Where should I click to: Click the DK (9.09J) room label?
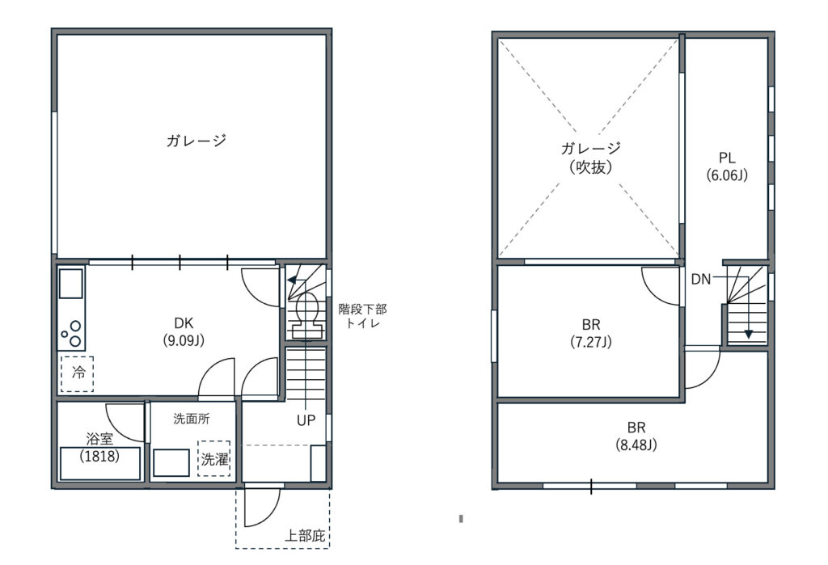tap(184, 331)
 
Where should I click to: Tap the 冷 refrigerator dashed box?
tap(77, 374)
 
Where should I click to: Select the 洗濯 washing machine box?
tap(213, 459)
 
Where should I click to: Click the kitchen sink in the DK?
tap(71, 284)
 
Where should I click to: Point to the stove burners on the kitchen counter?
tap(72, 333)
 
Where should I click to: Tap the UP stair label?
tap(306, 420)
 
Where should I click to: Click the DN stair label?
tap(701, 280)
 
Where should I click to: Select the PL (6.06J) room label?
tap(727, 167)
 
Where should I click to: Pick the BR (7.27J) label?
tap(591, 333)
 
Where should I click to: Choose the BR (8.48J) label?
tap(636, 436)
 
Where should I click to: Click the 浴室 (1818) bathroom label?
tap(99, 447)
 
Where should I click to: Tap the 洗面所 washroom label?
tap(191, 420)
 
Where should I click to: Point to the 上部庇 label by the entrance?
tap(305, 536)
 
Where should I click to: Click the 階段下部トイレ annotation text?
tap(362, 316)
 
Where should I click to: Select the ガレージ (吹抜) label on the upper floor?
tap(591, 158)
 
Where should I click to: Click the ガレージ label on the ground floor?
tap(196, 141)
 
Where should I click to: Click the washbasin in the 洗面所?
tap(171, 463)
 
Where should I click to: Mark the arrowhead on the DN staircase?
tap(748, 334)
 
